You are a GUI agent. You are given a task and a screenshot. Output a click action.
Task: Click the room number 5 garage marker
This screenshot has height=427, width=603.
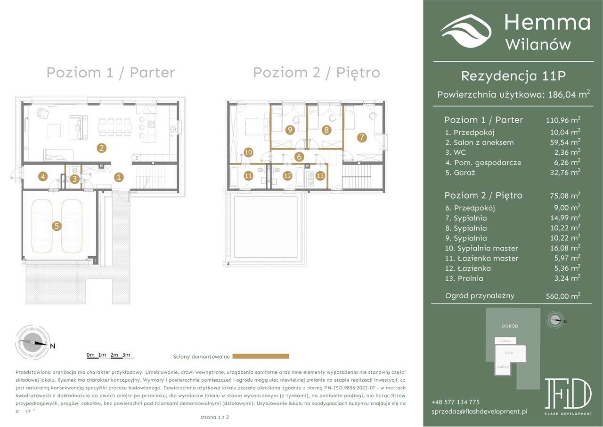[x=57, y=226]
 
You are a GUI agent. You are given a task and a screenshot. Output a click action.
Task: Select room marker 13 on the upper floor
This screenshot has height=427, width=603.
[x=320, y=176]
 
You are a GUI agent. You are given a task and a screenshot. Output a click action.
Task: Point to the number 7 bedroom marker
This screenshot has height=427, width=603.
[x=362, y=138]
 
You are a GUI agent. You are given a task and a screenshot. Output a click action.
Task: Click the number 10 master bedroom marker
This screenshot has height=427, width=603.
[x=249, y=152]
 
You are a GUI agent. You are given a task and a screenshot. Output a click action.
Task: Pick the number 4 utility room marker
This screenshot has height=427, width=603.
[x=43, y=176]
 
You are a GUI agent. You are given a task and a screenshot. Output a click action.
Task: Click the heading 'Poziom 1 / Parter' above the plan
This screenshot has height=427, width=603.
[x=111, y=73]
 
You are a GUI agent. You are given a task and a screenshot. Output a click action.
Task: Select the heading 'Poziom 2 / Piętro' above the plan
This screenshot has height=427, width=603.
[x=317, y=73]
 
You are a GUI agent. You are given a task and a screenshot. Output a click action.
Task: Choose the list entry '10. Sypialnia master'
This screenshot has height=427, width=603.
[x=481, y=248]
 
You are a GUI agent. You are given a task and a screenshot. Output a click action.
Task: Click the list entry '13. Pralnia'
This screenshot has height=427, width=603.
[x=464, y=278]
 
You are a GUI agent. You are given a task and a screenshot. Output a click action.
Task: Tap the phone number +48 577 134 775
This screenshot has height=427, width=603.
[x=455, y=402]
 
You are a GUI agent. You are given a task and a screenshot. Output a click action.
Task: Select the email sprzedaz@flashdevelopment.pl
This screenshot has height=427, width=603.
[x=480, y=412]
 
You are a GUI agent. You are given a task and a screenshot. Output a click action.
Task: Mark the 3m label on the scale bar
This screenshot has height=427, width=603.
[x=125, y=355]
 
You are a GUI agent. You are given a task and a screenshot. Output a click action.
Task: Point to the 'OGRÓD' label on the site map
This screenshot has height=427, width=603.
[x=510, y=326]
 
